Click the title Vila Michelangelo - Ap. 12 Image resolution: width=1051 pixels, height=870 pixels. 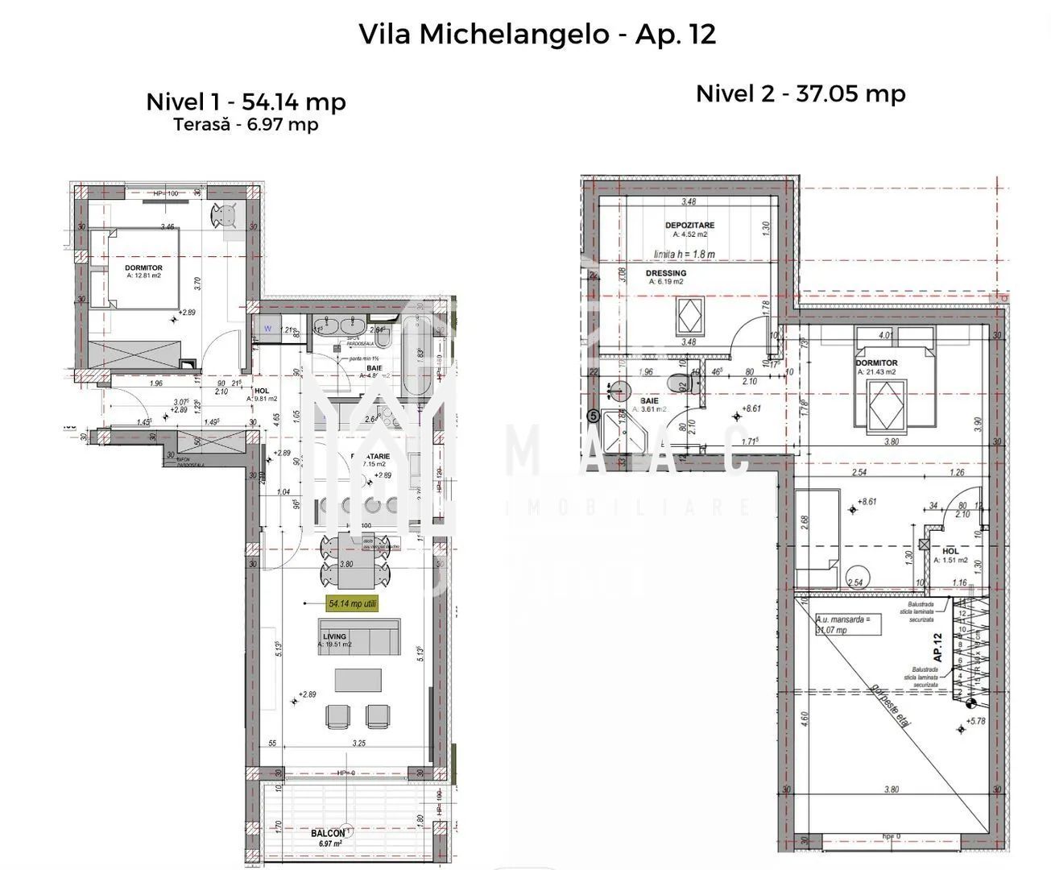(536, 34)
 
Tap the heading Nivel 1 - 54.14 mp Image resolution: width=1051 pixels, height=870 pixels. (246, 101)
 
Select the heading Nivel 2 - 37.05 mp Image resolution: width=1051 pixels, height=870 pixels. (800, 93)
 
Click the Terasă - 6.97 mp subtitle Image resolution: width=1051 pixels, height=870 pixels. (246, 125)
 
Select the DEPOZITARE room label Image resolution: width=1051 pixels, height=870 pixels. (689, 226)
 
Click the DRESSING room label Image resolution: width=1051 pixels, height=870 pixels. (666, 273)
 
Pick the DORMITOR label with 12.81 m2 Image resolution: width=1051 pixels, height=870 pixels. (143, 267)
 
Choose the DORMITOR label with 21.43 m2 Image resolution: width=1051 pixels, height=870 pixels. (876, 362)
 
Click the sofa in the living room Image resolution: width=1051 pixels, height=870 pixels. (360, 636)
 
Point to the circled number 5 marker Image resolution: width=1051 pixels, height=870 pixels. (594, 416)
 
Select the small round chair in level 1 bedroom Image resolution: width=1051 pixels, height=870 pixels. (223, 215)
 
